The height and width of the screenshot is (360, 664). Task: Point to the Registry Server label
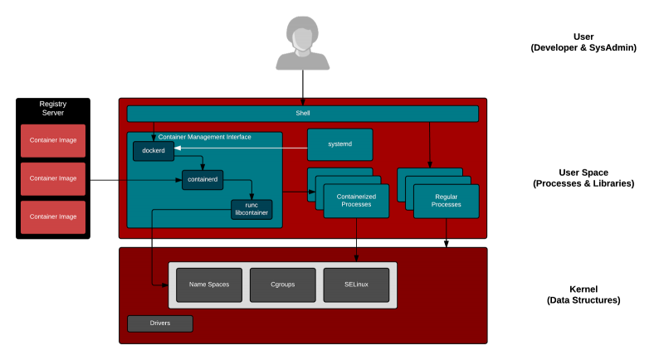pos(52,108)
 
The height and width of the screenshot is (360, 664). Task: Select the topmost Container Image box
pos(53,140)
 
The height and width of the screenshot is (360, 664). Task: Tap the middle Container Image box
pos(53,178)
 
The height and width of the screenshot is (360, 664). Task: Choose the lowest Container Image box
pos(53,216)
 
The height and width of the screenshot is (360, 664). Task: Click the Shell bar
pos(302,113)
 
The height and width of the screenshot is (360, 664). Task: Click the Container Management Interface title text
pos(204,137)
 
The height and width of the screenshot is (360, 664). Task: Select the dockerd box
pos(154,151)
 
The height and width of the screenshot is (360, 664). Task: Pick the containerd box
pos(203,179)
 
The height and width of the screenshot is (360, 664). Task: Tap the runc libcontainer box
pos(251,209)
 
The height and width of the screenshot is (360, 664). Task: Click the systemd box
pos(339,144)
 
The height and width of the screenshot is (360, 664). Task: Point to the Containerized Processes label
pos(356,201)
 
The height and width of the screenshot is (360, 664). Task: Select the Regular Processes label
pos(446,201)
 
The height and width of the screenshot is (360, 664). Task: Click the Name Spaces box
pos(208,285)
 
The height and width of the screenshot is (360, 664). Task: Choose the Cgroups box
pos(282,285)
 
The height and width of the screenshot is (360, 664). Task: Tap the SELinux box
pos(356,285)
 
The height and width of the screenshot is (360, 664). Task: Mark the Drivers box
pos(159,323)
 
